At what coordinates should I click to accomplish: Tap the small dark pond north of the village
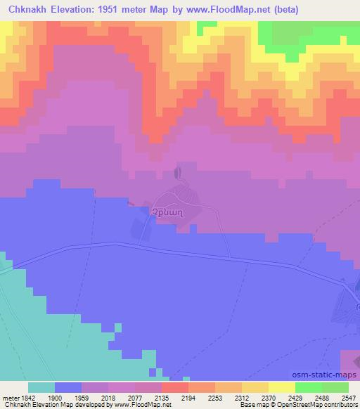(x=177, y=172)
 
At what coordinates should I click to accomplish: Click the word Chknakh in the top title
(x=27, y=10)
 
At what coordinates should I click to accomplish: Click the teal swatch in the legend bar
(x=41, y=387)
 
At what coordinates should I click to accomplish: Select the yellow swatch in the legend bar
(x=282, y=387)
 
